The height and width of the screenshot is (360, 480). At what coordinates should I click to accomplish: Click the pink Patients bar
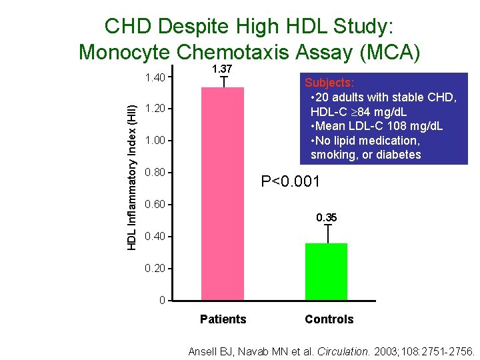tap(223, 193)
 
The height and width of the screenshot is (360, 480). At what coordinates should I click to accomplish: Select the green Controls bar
tap(326, 271)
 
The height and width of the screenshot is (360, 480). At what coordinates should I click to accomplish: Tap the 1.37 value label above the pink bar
tap(222, 69)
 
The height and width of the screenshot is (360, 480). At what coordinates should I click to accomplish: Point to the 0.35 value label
tap(326, 217)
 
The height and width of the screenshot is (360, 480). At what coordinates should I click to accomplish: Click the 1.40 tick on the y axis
tap(155, 78)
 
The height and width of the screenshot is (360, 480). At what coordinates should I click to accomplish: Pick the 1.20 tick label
tap(155, 109)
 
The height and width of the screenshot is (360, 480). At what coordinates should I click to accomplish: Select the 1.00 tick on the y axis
tap(155, 141)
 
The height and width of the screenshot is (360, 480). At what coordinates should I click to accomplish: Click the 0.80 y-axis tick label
tap(155, 173)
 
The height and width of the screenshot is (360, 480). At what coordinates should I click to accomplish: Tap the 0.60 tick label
tap(155, 204)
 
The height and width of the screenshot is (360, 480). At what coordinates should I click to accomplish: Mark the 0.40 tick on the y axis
tap(155, 237)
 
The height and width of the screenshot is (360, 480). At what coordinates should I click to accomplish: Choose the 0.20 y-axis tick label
tap(155, 268)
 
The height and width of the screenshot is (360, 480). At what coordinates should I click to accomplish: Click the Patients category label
tap(223, 319)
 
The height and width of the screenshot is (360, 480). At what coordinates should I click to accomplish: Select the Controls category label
tap(329, 319)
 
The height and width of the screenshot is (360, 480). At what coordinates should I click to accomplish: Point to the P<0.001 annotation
tap(291, 181)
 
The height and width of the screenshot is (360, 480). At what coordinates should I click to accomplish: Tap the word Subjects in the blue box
tap(329, 83)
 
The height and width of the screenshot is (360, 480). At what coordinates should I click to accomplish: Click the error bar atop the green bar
tap(327, 233)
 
